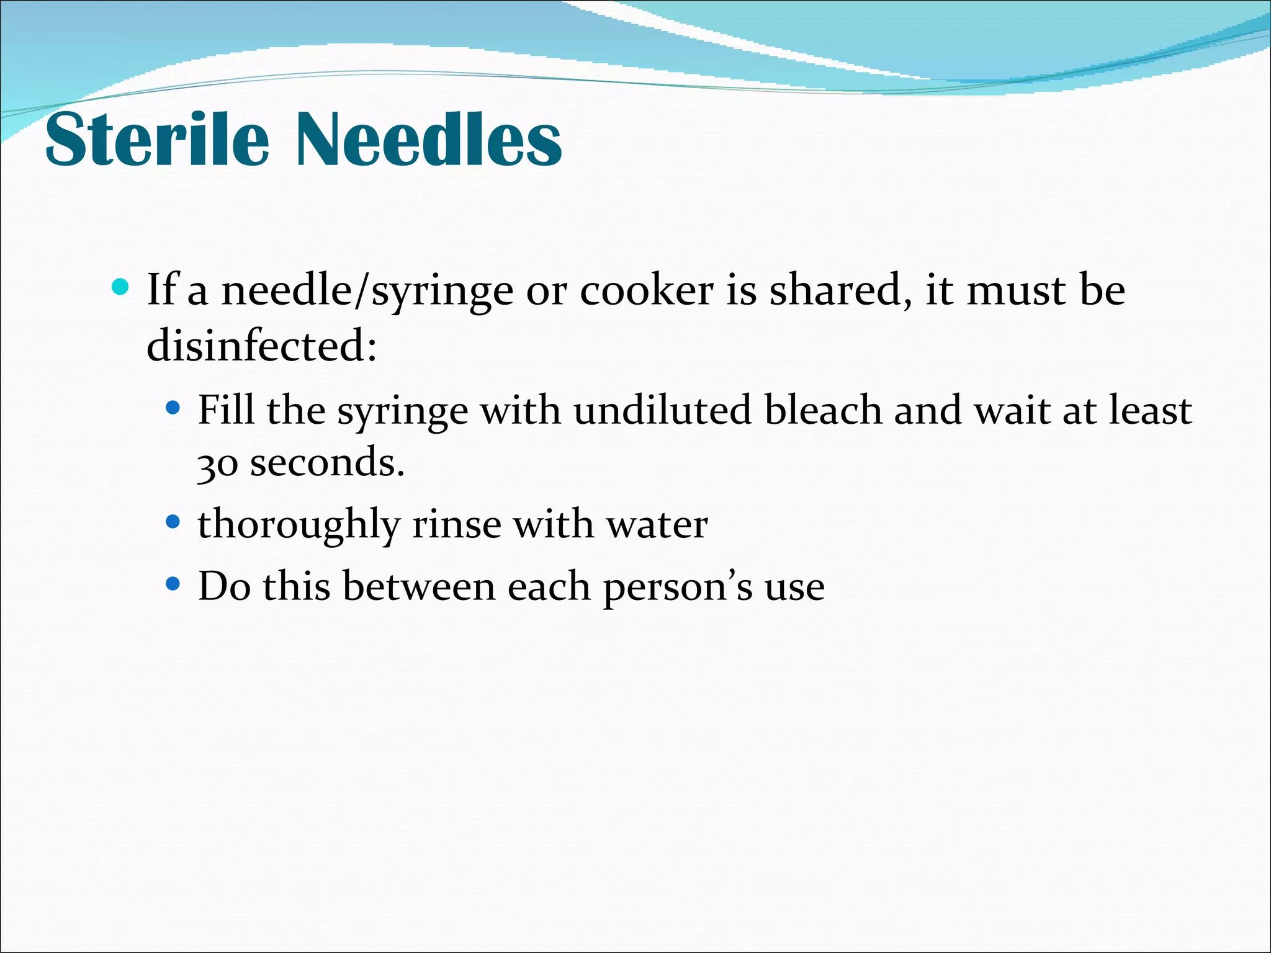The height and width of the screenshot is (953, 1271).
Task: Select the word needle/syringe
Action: tap(367, 290)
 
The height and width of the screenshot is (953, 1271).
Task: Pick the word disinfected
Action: tap(261, 345)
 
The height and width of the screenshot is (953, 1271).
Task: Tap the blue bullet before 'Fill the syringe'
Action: tap(173, 408)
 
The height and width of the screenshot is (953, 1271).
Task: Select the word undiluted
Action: tap(662, 409)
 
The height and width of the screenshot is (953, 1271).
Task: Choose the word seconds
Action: tap(327, 462)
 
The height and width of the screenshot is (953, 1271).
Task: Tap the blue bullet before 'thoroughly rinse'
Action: tap(173, 522)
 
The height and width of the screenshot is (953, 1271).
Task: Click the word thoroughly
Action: tap(299, 525)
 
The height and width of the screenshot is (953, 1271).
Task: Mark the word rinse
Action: tap(457, 524)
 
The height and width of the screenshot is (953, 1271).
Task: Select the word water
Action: tap(657, 524)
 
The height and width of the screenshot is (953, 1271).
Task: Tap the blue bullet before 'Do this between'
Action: tap(173, 584)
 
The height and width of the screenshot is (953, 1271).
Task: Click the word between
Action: tap(419, 586)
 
